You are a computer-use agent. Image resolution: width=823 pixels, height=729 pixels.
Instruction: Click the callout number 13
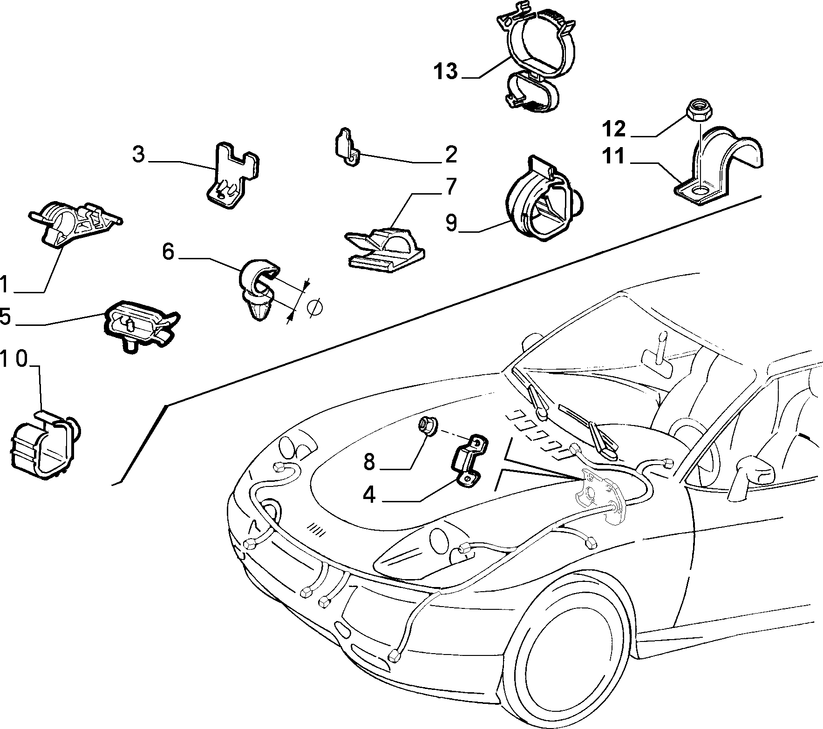coord(446,72)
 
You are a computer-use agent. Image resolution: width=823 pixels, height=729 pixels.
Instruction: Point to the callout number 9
coord(452,222)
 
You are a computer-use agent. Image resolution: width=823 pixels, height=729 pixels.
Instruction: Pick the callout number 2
coord(451,155)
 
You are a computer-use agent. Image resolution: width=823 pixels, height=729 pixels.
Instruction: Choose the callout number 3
coord(138,155)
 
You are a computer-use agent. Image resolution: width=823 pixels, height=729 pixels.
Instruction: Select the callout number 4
coord(369,495)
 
